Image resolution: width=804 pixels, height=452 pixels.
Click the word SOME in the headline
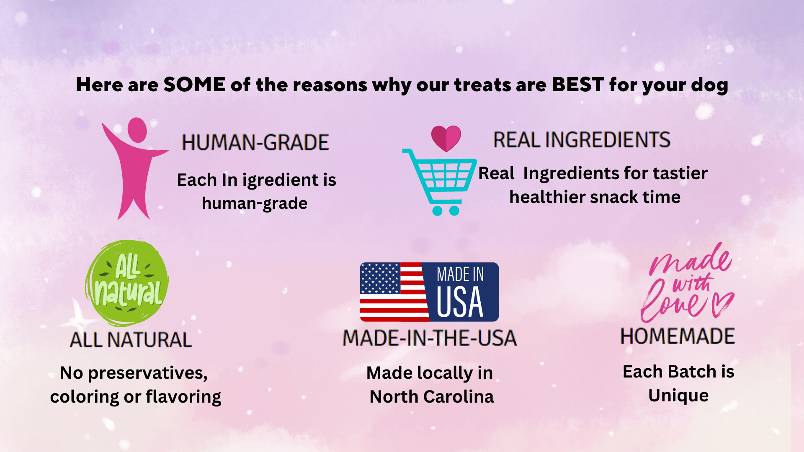tap(194, 85)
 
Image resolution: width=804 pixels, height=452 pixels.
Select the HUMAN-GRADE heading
tap(255, 142)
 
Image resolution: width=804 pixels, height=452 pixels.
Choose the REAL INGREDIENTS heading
tap(582, 140)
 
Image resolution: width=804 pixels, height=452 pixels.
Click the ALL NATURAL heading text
tap(131, 339)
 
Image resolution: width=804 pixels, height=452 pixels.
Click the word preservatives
tap(148, 373)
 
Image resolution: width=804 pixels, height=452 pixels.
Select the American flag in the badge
tap(394, 292)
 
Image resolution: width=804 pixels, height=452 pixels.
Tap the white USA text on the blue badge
tap(460, 302)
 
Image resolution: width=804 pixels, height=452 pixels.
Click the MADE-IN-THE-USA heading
tap(430, 338)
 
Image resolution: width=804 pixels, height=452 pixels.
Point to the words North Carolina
tap(432, 396)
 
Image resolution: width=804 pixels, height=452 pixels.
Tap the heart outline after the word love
tap(723, 304)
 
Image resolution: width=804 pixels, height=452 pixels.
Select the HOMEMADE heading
tap(678, 336)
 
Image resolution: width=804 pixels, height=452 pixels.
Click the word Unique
tap(678, 396)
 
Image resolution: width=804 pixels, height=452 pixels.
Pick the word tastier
tap(680, 173)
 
